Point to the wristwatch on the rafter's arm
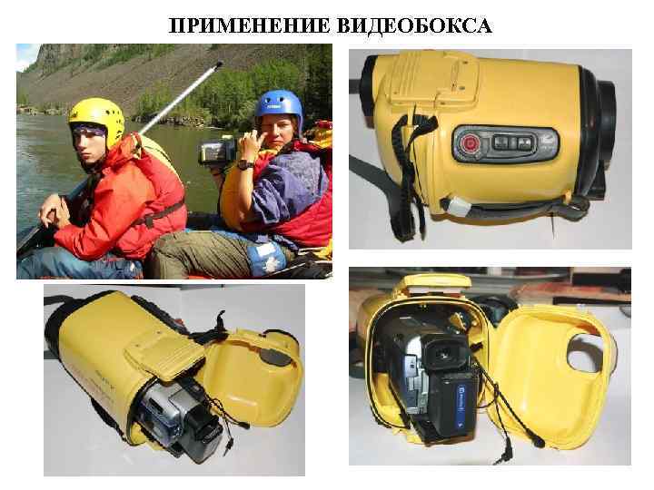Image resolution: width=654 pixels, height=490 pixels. pos(243,164)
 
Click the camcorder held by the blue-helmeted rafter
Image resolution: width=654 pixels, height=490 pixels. pos(218,149)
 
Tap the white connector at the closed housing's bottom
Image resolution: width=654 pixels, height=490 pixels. pos(459,208)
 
